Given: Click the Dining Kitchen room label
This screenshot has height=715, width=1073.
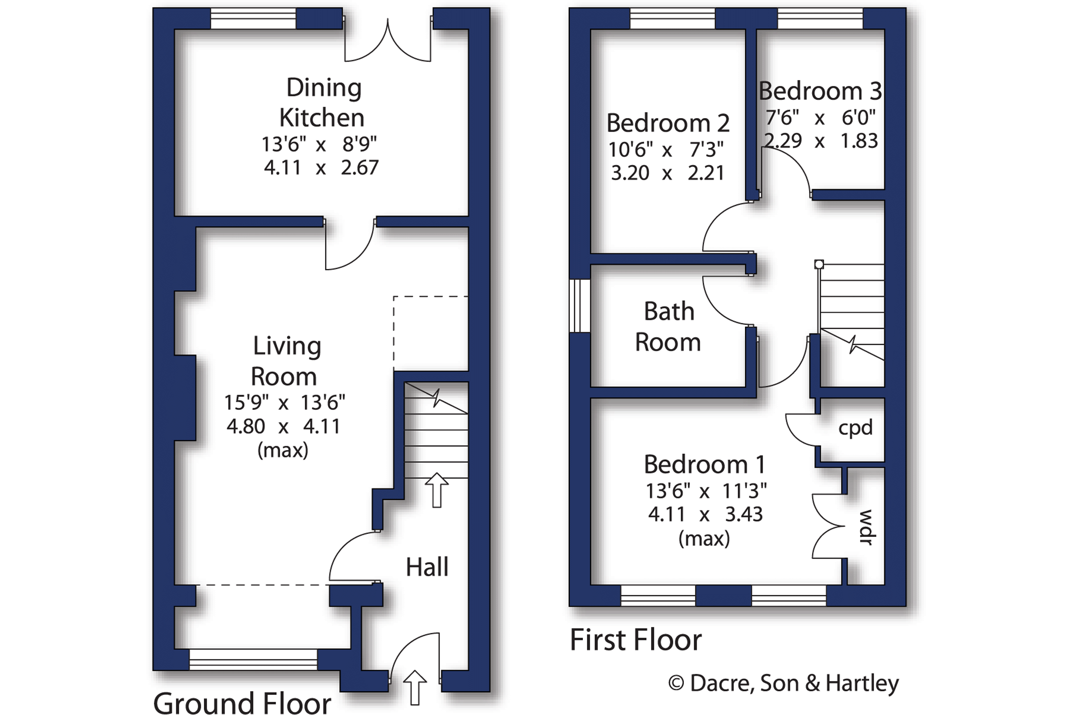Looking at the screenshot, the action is [321, 103].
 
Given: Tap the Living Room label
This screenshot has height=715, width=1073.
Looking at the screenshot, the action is [286, 361].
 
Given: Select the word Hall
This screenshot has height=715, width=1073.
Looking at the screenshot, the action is [427, 567].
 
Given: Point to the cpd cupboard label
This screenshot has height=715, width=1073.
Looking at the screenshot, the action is [855, 428].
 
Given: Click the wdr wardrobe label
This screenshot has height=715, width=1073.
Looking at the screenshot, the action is [866, 527].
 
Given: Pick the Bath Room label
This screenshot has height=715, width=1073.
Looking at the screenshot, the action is [668, 326].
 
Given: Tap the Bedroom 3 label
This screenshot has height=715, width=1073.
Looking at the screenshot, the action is [820, 91].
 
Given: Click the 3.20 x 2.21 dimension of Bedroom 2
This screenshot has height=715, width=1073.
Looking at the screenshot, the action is [668, 173].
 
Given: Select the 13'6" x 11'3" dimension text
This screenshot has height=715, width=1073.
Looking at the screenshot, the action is [706, 491].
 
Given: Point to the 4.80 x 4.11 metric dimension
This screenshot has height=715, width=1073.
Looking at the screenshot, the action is [283, 427].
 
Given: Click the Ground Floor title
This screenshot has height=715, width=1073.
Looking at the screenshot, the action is [242, 702].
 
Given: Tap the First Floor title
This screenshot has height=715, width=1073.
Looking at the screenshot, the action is [636, 640].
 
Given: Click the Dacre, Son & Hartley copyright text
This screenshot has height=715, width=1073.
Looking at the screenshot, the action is [784, 683].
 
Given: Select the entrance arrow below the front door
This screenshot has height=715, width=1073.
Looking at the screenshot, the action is [415, 687].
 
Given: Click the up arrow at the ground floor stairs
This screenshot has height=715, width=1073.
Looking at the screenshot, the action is [437, 489].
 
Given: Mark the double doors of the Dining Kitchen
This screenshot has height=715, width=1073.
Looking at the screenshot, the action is [388, 40].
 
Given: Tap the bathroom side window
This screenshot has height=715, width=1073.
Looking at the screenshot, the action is [579, 306].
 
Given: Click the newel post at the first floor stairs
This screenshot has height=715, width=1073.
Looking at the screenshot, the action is [819, 264].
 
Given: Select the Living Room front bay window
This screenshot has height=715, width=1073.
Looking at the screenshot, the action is [253, 659].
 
